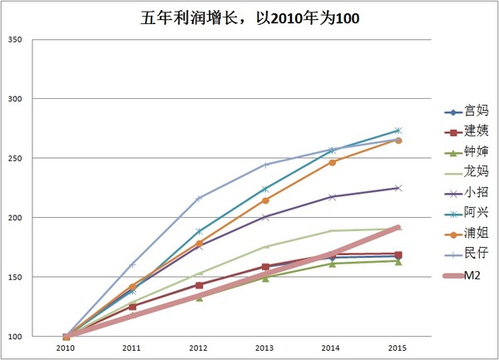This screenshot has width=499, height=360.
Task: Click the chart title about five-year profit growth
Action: point(249,18)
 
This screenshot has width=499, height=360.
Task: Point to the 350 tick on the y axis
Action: point(14,40)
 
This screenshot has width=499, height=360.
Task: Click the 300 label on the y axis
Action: point(14,99)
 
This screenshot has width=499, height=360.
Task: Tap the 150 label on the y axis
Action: point(14,277)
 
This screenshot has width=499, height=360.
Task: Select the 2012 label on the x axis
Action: point(199,348)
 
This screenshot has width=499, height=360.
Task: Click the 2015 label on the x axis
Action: point(398,348)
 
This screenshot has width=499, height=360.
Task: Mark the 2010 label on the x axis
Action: point(66,348)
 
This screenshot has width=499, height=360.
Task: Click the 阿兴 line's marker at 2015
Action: point(398,131)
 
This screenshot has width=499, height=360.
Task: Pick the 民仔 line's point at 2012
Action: point(199,198)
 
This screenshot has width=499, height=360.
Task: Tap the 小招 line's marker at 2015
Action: point(398,188)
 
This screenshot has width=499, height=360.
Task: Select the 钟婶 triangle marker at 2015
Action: point(398,261)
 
